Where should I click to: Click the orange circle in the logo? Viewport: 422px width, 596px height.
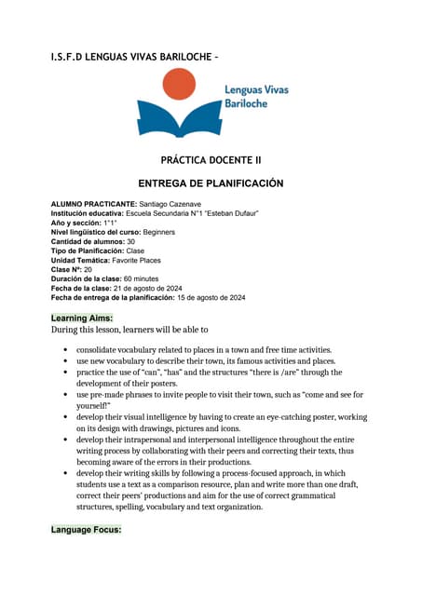[x=179, y=86]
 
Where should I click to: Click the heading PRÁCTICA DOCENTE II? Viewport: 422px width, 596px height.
[x=211, y=160]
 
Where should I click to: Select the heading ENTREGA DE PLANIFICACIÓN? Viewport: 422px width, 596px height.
[x=211, y=183]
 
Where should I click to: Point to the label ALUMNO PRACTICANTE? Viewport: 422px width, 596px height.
[x=93, y=203]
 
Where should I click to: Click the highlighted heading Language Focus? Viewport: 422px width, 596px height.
[x=86, y=530]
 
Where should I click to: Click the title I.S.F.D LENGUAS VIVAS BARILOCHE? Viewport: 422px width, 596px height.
[x=135, y=58]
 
